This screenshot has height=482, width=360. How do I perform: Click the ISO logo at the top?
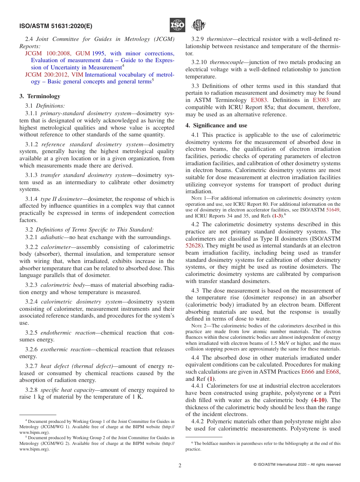tap(177, 25)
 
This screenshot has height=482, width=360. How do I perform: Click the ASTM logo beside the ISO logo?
tap(198, 25)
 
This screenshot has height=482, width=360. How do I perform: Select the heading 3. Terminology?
tap(40, 96)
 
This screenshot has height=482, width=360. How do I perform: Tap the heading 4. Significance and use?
tap(216, 125)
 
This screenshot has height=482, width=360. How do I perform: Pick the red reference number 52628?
tap(193, 246)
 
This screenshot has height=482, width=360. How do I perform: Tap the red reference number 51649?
tap(333, 210)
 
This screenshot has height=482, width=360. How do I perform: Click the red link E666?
tap(307, 372)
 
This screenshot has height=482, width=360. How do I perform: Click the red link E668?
tap(333, 372)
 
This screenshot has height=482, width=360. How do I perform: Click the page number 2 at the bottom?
tap(180, 465)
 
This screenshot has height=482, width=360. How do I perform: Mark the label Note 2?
tap(200, 326)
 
